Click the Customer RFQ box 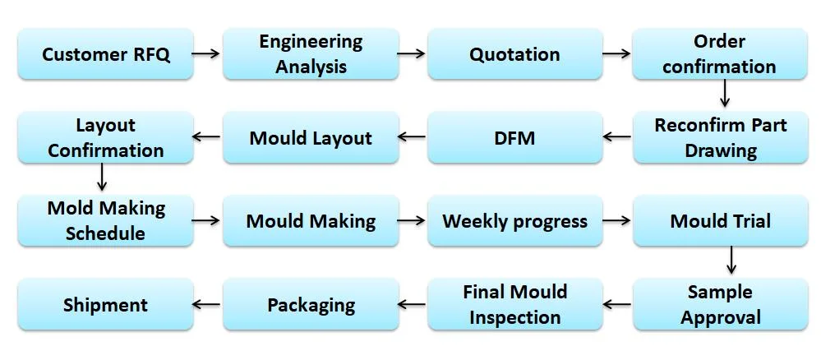click(x=106, y=54)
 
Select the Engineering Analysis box click(x=311, y=54)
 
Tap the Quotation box click(x=515, y=54)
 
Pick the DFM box click(x=515, y=137)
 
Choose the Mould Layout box click(x=311, y=137)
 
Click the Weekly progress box click(x=515, y=220)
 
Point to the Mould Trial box click(x=721, y=220)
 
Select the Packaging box click(x=311, y=304)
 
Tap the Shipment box click(x=106, y=304)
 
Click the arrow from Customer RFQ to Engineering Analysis click(x=205, y=53)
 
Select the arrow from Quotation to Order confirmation click(x=616, y=53)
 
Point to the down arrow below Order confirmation click(x=725, y=93)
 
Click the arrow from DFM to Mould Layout click(x=412, y=137)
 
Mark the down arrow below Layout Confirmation click(x=102, y=177)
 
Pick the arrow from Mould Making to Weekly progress click(x=412, y=220)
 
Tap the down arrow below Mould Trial click(x=731, y=260)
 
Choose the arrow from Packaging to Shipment click(x=206, y=304)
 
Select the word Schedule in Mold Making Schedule click(x=106, y=233)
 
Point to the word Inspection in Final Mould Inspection click(x=515, y=317)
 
